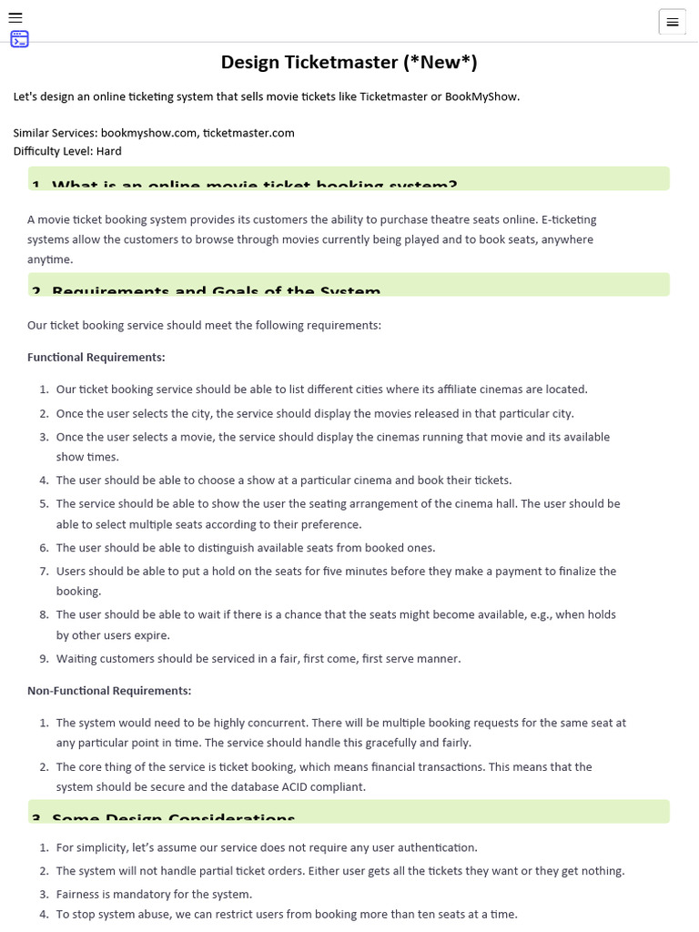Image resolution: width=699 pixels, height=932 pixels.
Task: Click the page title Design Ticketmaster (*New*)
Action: [x=349, y=62]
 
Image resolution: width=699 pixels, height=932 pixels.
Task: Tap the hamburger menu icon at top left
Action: [x=15, y=17]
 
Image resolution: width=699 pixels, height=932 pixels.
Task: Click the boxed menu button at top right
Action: [x=672, y=22]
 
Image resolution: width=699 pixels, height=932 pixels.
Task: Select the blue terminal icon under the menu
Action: [x=19, y=39]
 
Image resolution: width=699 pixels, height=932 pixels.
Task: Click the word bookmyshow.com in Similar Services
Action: [x=148, y=133]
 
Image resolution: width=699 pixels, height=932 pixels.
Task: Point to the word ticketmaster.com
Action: [x=248, y=133]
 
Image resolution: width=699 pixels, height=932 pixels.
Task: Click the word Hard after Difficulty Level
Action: [x=108, y=151]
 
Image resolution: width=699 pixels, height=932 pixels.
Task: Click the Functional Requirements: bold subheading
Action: [x=96, y=357]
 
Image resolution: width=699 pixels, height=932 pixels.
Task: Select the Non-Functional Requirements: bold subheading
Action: [x=109, y=691]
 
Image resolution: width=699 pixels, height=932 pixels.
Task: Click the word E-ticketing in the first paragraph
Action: [x=569, y=219]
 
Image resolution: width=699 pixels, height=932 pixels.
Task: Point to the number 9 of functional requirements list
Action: [x=43, y=659]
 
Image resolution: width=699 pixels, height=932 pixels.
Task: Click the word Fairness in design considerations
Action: [x=79, y=894]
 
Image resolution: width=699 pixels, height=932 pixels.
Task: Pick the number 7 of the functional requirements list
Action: [x=43, y=572]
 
